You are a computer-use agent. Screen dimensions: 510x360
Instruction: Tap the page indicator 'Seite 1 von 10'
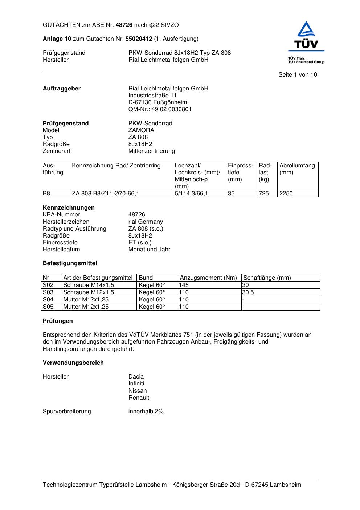pyautogui.click(x=298, y=75)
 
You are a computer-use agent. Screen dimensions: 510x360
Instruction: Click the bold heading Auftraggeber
pyautogui.click(x=62, y=89)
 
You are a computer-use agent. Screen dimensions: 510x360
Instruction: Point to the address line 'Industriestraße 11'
pyautogui.click(x=152, y=96)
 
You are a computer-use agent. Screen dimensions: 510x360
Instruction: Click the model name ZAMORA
pyautogui.click(x=141, y=130)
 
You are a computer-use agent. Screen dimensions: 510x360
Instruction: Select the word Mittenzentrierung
pyautogui.click(x=151, y=151)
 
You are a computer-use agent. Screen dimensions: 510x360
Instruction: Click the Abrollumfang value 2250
pyautogui.click(x=286, y=194)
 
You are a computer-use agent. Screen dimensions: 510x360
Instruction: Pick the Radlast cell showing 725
pyautogui.click(x=264, y=194)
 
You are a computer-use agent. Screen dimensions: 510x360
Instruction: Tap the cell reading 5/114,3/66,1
pyautogui.click(x=192, y=194)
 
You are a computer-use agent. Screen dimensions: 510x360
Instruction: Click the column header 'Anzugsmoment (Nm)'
pyautogui.click(x=208, y=278)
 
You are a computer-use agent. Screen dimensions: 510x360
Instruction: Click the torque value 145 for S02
pyautogui.click(x=184, y=285)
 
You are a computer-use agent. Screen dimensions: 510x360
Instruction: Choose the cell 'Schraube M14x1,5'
pyautogui.click(x=89, y=285)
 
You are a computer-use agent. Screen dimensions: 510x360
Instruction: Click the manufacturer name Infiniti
pyautogui.click(x=136, y=384)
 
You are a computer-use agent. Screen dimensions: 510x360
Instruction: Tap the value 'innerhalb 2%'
pyautogui.click(x=146, y=412)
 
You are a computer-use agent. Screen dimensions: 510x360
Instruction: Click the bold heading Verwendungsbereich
pyautogui.click(x=73, y=363)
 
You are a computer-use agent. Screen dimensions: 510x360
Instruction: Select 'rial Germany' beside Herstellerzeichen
pyautogui.click(x=146, y=222)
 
